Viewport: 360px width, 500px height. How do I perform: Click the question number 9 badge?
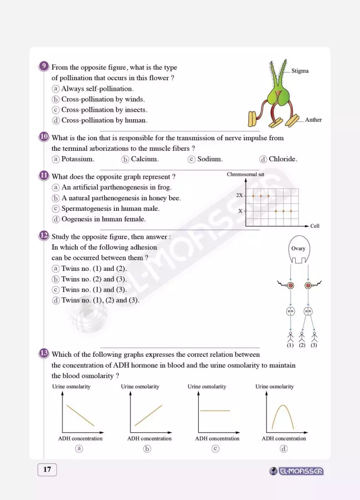[x=44, y=67]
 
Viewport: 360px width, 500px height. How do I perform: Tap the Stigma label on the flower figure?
[x=300, y=71]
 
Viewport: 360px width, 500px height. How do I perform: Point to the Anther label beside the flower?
[x=313, y=120]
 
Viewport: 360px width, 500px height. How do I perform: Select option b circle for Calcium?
[x=125, y=159]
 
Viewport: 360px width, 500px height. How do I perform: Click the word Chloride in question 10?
[x=283, y=159]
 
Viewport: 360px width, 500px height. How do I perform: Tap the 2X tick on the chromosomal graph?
[x=240, y=195]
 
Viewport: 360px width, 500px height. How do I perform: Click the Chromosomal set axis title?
[x=245, y=175]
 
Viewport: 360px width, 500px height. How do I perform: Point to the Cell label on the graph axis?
[x=315, y=226]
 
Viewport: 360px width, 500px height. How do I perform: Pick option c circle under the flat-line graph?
[x=216, y=449]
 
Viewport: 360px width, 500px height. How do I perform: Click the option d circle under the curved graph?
[x=284, y=449]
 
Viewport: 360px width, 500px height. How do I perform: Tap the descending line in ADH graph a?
[x=80, y=415]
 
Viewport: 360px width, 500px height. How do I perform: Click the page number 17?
[x=47, y=470]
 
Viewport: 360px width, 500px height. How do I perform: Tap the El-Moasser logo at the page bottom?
[x=297, y=471]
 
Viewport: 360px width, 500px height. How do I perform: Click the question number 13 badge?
[x=44, y=354]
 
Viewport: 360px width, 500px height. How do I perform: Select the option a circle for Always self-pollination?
[x=56, y=89]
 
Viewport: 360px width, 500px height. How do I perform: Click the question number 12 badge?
[x=44, y=236]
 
